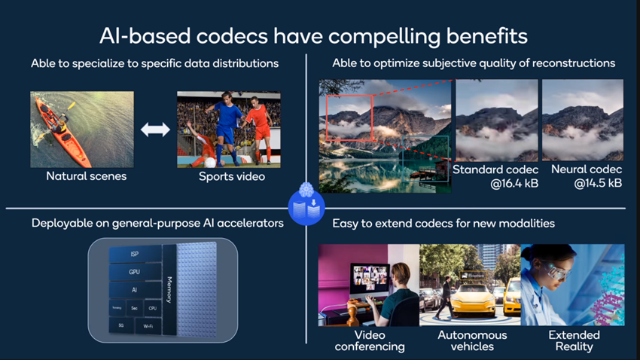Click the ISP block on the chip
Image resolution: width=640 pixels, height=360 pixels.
tap(134, 255)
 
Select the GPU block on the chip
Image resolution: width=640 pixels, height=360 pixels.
tap(134, 272)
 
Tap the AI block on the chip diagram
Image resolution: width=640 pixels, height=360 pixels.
tap(134, 289)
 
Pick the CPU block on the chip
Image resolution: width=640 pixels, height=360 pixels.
tap(152, 308)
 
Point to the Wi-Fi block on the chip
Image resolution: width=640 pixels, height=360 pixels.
tap(148, 327)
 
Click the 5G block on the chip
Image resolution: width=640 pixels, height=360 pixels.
tap(120, 325)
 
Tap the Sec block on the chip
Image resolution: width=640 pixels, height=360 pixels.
tap(135, 308)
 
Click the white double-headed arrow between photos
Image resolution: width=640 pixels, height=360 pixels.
tap(155, 130)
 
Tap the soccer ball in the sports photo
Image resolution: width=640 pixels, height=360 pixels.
tap(210, 161)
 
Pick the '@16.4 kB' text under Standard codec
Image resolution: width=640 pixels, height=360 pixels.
tap(495, 183)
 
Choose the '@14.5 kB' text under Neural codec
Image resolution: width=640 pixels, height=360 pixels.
tap(583, 183)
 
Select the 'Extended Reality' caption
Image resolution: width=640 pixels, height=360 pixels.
tap(574, 340)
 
